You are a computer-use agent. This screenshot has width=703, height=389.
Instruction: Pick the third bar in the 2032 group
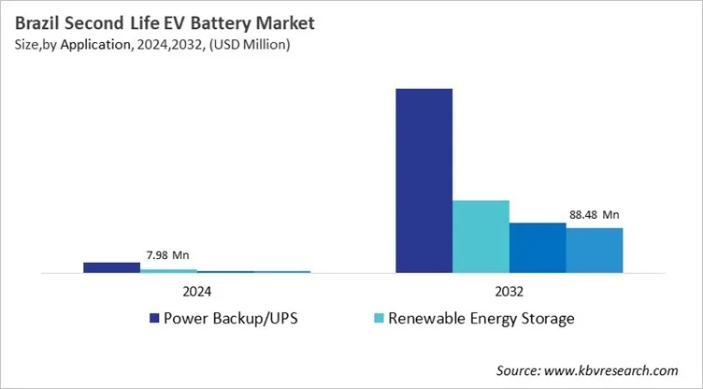coord(538,248)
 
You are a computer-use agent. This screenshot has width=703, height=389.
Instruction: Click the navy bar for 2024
coord(111,267)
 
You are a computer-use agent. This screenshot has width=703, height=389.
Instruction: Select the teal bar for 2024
coord(168,270)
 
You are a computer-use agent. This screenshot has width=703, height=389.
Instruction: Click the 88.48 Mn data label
coord(595,214)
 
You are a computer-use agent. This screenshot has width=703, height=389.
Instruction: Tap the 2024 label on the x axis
coord(196,290)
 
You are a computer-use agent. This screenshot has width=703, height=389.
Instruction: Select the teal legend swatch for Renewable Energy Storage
coord(379,319)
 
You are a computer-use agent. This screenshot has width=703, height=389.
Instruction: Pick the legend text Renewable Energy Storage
coord(481,319)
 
